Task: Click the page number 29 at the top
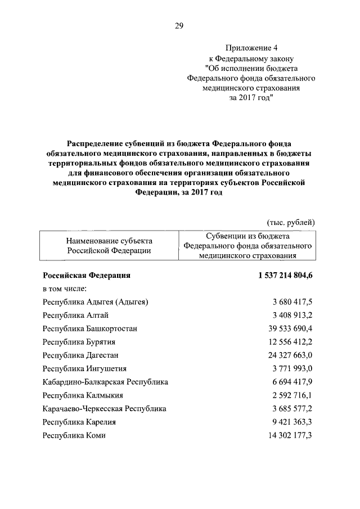pyautogui.click(x=179, y=26)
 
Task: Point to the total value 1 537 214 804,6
pyautogui.click(x=278, y=276)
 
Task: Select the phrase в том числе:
pyautogui.click(x=65, y=289)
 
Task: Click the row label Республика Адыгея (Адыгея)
pyautogui.click(x=96, y=302)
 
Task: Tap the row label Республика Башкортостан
pyautogui.click(x=90, y=328)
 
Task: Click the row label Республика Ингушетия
pyautogui.click(x=84, y=369)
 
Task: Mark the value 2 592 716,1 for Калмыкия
pyautogui.click(x=290, y=395)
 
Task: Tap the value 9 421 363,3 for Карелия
pyautogui.click(x=290, y=422)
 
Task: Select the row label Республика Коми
pyautogui.click(x=74, y=435)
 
